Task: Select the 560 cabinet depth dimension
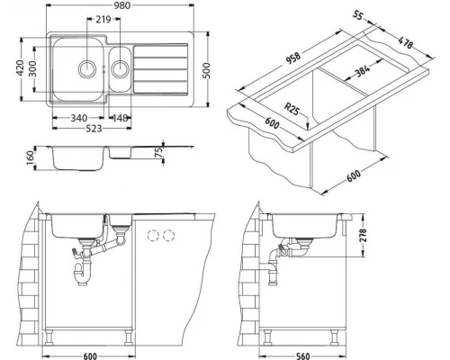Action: [303, 355]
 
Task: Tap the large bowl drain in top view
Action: [86, 67]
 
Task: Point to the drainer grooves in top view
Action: [163, 69]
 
